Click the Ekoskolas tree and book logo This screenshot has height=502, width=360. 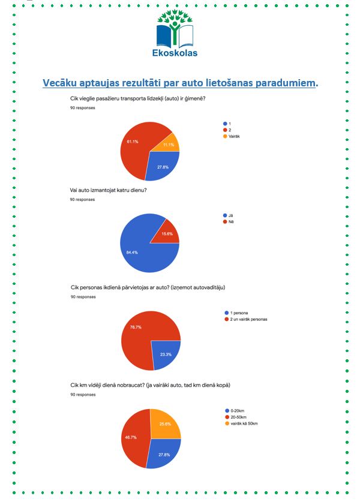[x=175, y=33]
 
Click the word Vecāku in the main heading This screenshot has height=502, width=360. [x=59, y=83]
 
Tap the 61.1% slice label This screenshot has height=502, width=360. [x=132, y=142]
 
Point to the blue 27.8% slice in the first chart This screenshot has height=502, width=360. [x=162, y=165]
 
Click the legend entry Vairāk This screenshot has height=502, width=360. [x=232, y=136]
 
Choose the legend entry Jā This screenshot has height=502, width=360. [x=228, y=215]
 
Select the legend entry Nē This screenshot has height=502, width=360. [x=229, y=222]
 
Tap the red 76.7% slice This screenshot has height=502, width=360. [x=141, y=333]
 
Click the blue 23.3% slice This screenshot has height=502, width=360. [x=165, y=353]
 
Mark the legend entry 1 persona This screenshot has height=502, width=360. [x=236, y=313]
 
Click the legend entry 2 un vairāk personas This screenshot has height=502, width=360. [x=246, y=320]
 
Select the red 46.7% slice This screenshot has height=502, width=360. [x=134, y=438]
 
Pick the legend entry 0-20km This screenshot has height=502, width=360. [x=235, y=411]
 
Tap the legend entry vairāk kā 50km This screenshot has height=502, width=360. [x=241, y=423]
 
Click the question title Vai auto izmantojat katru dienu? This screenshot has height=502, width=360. [x=108, y=190]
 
